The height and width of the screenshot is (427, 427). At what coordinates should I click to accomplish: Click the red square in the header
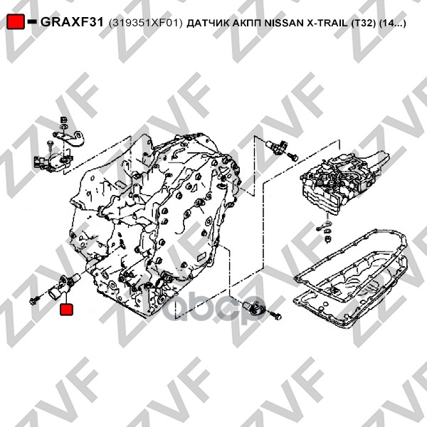click(x=16, y=21)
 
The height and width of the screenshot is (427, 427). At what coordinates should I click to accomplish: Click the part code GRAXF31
click(x=72, y=22)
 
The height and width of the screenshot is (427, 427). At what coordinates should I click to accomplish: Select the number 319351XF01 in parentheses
click(x=145, y=23)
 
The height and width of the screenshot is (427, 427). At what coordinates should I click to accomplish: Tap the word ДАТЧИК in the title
click(x=208, y=23)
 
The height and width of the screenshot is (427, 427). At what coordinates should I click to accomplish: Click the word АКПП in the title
click(x=246, y=23)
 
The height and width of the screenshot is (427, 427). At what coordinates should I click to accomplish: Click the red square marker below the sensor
click(x=66, y=310)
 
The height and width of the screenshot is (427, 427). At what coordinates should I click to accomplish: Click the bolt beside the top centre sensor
click(x=292, y=156)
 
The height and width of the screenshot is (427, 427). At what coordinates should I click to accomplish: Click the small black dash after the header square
click(x=32, y=21)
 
